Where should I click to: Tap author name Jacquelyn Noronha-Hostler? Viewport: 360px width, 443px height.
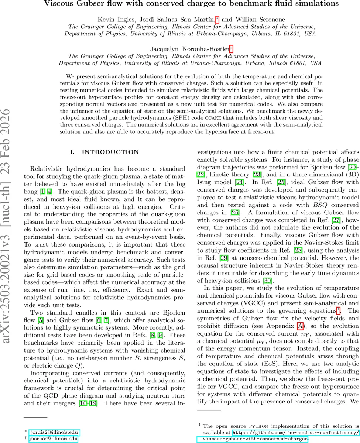(x=189, y=49)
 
